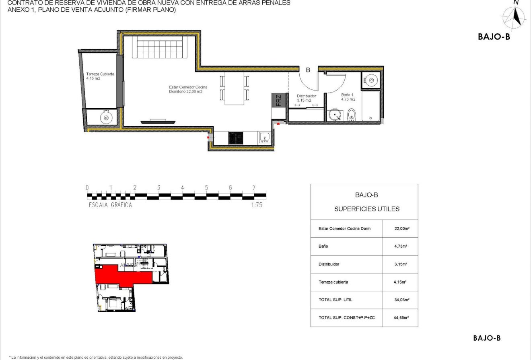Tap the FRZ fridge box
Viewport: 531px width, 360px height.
(x=279, y=100)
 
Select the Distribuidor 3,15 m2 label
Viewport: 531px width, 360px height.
(x=307, y=98)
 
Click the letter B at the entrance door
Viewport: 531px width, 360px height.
(x=308, y=70)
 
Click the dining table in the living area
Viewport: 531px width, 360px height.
(x=235, y=88)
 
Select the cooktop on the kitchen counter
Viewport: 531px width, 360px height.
(x=236, y=138)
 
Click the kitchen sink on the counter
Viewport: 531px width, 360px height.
(x=265, y=138)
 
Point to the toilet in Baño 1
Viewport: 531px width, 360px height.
(x=352, y=115)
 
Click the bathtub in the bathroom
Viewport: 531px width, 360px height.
(x=370, y=106)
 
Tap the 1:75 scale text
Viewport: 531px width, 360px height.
(x=256, y=205)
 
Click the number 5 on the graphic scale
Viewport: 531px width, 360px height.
(x=206, y=188)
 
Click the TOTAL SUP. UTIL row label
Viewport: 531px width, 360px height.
(x=335, y=300)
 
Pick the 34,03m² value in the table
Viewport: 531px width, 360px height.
(x=401, y=300)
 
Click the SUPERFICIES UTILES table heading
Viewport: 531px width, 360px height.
(x=367, y=209)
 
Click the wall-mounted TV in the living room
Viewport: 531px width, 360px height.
(x=158, y=121)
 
